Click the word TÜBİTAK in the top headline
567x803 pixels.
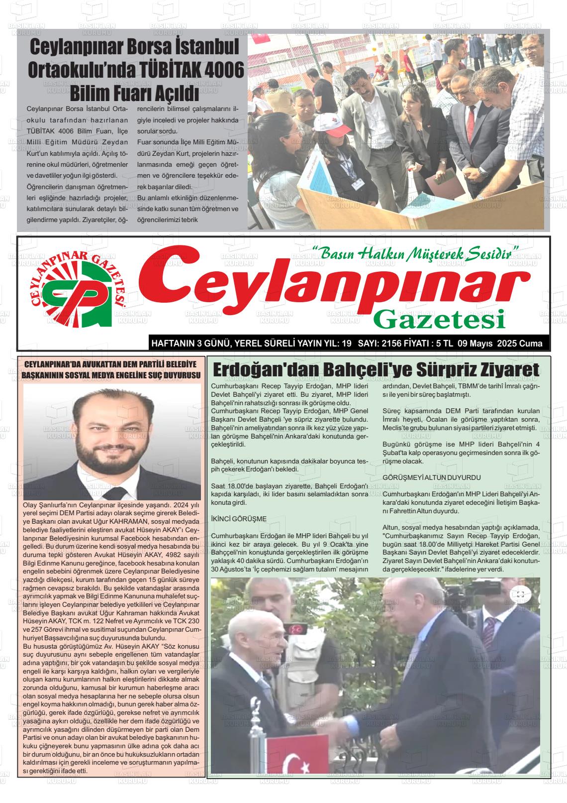[162, 69]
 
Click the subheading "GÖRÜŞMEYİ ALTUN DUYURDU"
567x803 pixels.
[424, 477]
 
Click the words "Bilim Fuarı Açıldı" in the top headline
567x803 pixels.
[134, 93]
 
